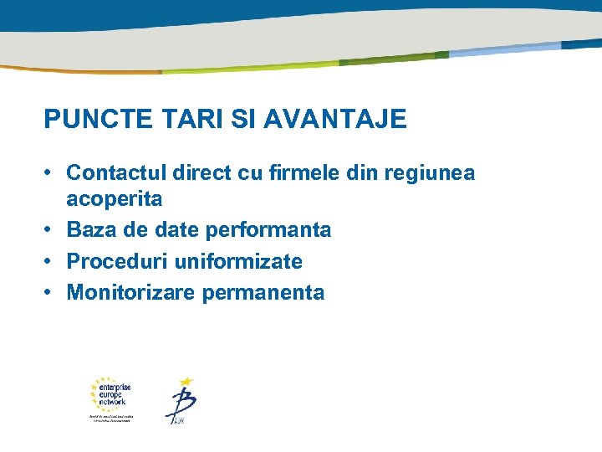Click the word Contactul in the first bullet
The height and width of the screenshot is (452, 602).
116,173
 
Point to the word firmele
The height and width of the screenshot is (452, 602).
306,173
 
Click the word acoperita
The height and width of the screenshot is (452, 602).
115,200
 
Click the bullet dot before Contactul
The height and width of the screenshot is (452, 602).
50,172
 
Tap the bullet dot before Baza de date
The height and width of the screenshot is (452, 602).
50,229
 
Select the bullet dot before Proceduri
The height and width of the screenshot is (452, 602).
50,260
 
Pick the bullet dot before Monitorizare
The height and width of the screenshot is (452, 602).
50,292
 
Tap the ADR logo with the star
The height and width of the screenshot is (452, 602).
181,401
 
